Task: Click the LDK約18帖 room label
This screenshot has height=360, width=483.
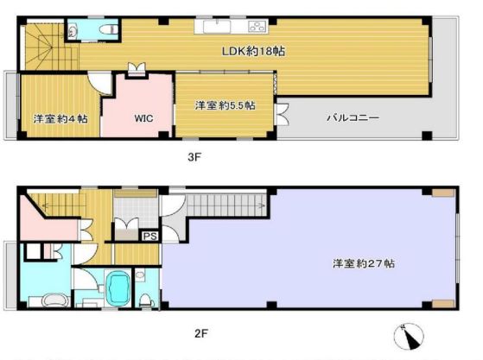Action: (x=253, y=51)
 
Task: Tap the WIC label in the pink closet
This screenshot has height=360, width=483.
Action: (x=143, y=118)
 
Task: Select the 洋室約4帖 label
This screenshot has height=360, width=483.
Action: (x=60, y=119)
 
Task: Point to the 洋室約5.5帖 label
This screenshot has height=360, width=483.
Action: (x=226, y=105)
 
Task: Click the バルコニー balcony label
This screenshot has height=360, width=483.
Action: (x=353, y=118)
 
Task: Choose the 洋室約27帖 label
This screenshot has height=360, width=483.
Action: (x=364, y=263)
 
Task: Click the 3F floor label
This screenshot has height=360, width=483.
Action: (x=194, y=157)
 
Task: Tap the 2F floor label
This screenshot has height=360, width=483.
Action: (x=201, y=333)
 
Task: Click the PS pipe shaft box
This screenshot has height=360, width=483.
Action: (x=150, y=236)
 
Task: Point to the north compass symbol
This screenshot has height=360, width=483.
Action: (x=409, y=337)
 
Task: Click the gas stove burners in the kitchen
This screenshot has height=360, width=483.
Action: (x=257, y=26)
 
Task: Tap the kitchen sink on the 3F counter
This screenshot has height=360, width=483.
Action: (x=217, y=27)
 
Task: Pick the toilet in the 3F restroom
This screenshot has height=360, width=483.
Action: (x=108, y=29)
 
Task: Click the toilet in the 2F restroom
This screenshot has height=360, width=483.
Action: (x=146, y=300)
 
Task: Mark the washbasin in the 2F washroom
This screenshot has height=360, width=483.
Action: (x=55, y=300)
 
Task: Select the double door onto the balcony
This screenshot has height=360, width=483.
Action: (x=283, y=114)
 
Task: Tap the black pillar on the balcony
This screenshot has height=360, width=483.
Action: (x=427, y=136)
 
